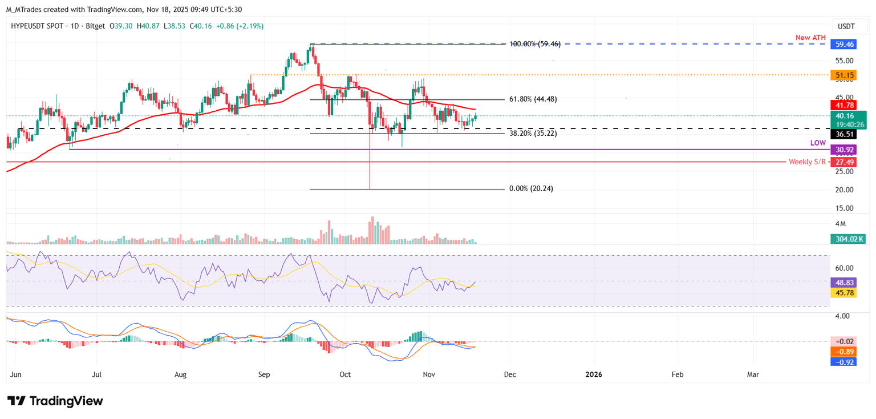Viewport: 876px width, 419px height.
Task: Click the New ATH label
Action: tap(811, 38)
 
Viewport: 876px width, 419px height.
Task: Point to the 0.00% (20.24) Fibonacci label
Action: tap(531, 189)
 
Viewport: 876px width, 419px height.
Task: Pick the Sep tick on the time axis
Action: tap(263, 374)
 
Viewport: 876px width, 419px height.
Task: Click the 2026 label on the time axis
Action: tap(594, 374)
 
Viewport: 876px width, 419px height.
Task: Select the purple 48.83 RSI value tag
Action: tap(842, 282)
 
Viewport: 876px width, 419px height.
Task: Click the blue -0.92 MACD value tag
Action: tap(842, 362)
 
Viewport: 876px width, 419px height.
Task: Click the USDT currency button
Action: tap(846, 26)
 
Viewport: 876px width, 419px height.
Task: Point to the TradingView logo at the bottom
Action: tap(55, 401)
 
